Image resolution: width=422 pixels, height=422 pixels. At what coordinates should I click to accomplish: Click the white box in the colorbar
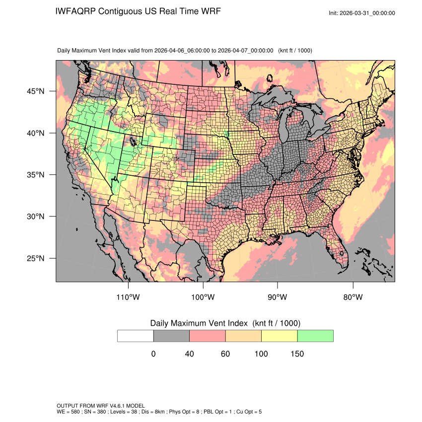pyautogui.click(x=136, y=336)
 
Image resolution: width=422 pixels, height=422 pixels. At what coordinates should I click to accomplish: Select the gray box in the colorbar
pyautogui.click(x=171, y=336)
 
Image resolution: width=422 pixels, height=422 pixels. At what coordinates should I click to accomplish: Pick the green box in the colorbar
pyautogui.click(x=315, y=336)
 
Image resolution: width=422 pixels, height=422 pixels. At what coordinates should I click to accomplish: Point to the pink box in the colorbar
pyautogui.click(x=208, y=336)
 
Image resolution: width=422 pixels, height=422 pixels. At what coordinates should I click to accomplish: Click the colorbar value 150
pyautogui.click(x=297, y=354)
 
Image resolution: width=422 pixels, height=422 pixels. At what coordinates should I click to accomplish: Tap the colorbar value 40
pyautogui.click(x=189, y=354)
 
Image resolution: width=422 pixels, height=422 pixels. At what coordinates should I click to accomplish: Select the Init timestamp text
pyautogui.click(x=362, y=13)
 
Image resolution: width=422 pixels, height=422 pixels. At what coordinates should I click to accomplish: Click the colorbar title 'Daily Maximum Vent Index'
pyautogui.click(x=199, y=323)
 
